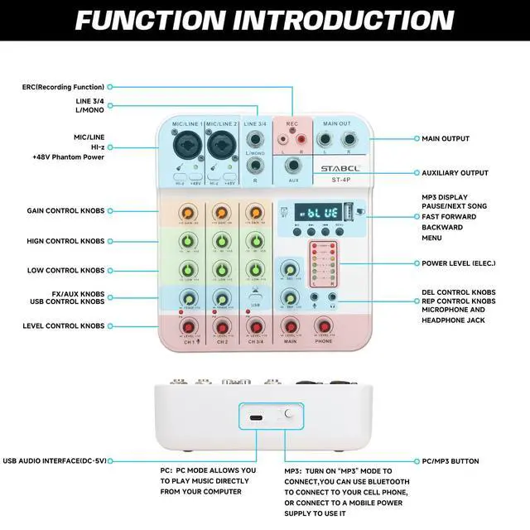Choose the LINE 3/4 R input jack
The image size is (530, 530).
coord(256,166)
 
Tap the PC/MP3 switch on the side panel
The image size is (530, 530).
coord(288,415)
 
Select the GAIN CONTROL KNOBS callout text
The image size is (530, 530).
coord(65,211)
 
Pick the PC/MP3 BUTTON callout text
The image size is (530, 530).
coord(450,461)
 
